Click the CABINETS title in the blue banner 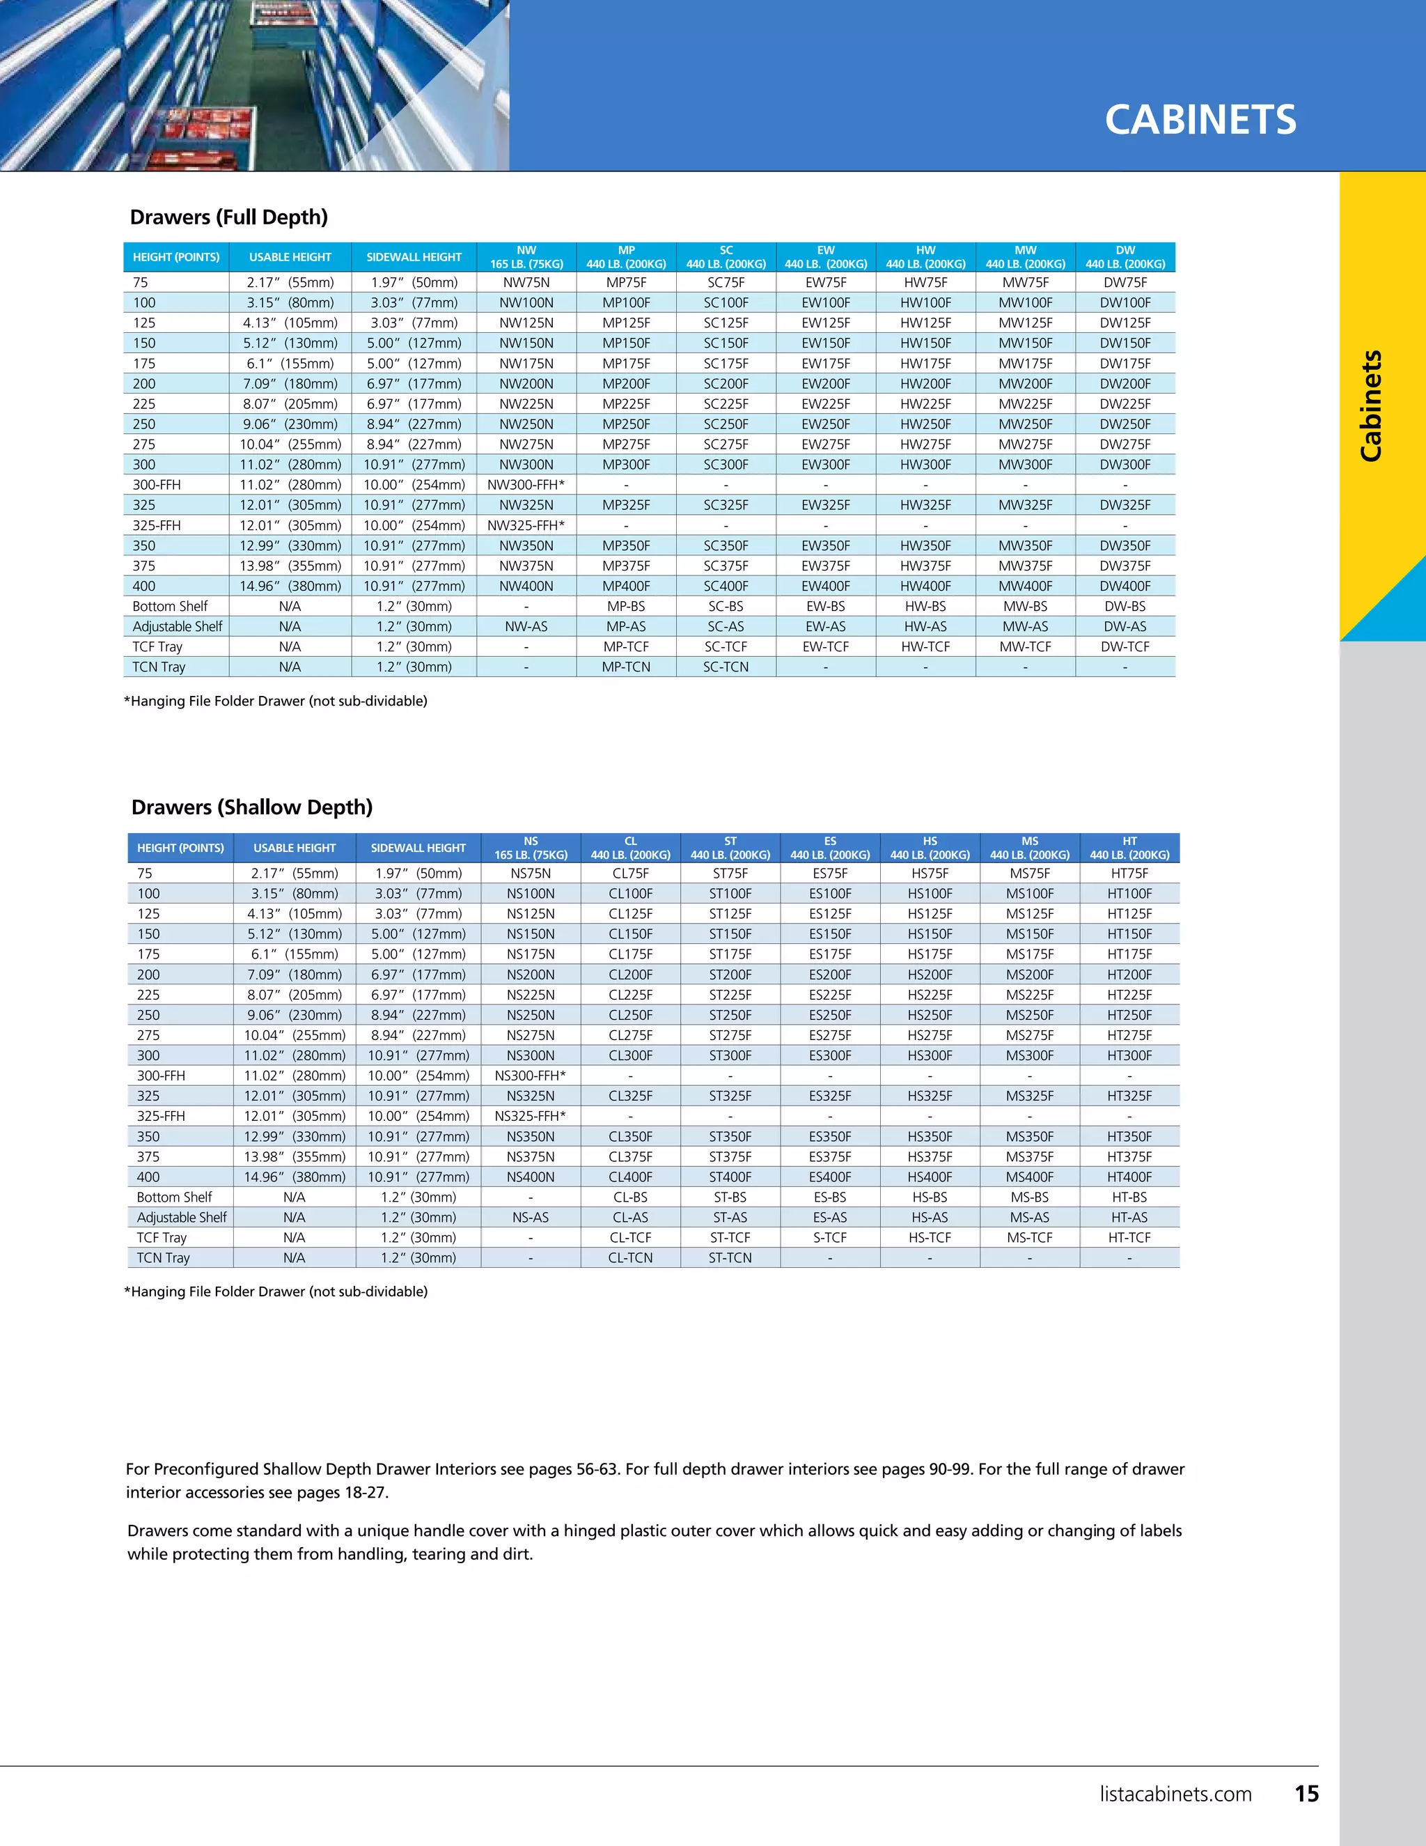pos(1200,120)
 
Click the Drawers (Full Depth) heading pos(229,217)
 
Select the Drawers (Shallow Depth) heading pos(252,807)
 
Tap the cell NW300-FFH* pos(526,485)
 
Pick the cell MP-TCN pos(626,667)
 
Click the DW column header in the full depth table pos(1125,257)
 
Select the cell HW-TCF pos(925,646)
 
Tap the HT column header pos(1129,848)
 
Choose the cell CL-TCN pos(630,1257)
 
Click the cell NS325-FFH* pos(531,1116)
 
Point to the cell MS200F pos(1030,975)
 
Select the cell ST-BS pos(730,1197)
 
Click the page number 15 pos(1306,1794)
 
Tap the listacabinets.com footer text pos(1175,1794)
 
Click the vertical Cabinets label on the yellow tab pos(1371,405)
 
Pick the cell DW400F pos(1125,586)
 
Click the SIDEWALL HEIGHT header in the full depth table pos(414,257)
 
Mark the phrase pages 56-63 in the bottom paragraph pos(574,1469)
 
